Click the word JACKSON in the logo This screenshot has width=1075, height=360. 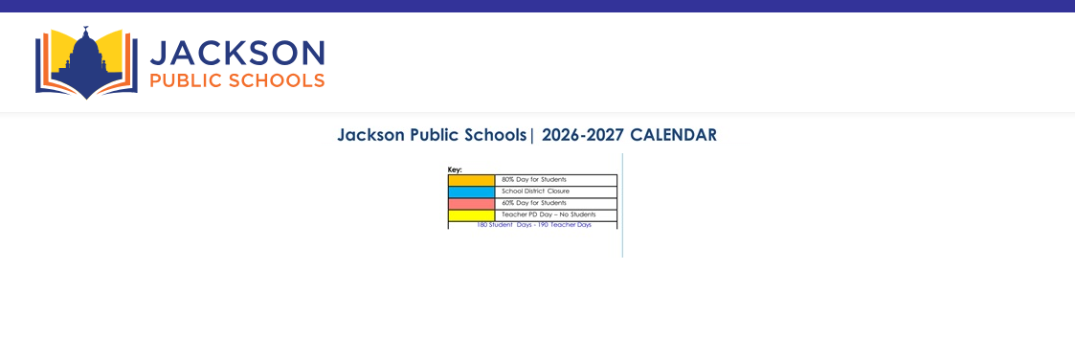237,53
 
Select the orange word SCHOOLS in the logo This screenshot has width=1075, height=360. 277,81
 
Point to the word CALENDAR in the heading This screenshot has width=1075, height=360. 673,135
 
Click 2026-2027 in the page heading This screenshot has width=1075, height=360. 583,135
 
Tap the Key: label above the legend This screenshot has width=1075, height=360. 456,169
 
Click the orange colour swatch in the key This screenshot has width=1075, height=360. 472,180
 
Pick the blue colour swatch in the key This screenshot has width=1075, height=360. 472,192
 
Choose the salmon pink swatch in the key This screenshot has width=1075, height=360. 472,204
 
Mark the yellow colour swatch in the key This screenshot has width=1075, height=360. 472,215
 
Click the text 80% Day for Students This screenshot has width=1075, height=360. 534,180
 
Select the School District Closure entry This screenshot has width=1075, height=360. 535,191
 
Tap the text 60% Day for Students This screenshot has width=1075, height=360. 534,203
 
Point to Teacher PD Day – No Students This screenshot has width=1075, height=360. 549,214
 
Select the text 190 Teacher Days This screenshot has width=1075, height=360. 565,225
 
